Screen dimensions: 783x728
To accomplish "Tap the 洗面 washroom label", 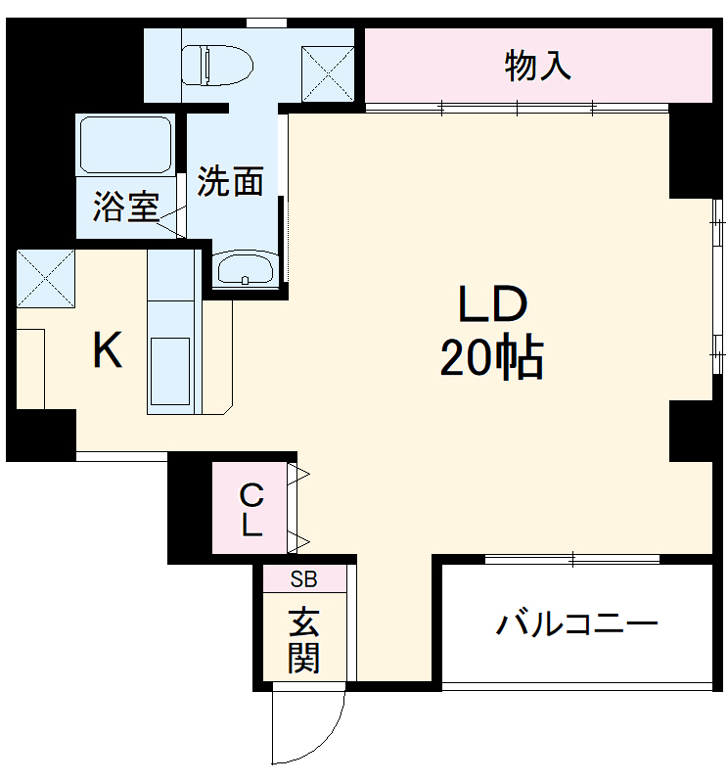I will click(231, 181).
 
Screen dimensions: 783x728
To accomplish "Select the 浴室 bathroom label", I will click(125, 207).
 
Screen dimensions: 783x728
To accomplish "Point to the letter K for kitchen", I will click(108, 350).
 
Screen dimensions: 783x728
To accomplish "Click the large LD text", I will click(493, 307).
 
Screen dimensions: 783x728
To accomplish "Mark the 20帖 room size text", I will click(491, 359).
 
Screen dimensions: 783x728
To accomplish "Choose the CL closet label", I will click(250, 509).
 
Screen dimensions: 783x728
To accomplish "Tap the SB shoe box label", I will click(303, 578).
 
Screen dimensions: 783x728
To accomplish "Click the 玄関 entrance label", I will click(303, 640).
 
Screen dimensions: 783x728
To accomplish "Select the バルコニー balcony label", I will click(575, 624).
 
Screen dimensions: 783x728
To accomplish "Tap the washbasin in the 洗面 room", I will click(245, 268).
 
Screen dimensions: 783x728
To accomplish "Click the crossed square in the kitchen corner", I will click(45, 278).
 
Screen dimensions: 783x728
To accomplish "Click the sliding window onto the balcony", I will click(573, 560).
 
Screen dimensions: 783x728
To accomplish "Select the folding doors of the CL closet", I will click(297, 509).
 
